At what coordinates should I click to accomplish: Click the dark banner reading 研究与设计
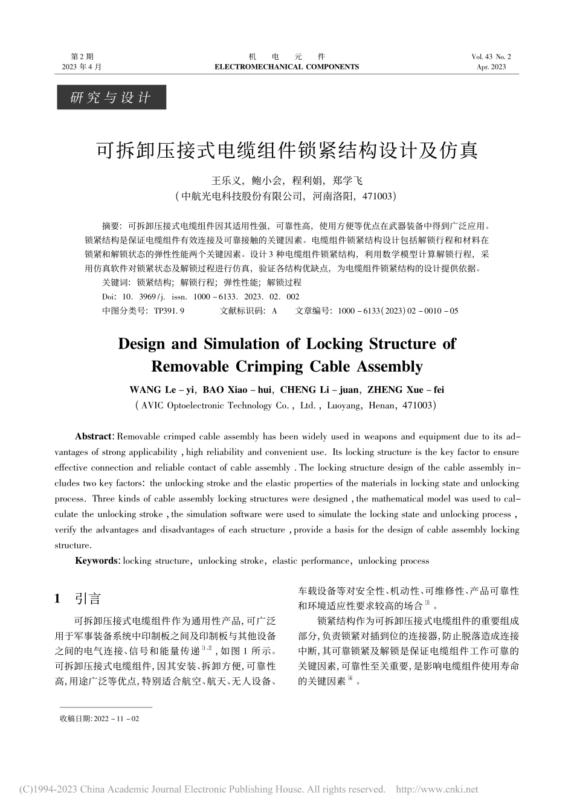point(111,97)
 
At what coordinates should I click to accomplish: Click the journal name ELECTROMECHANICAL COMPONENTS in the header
point(286,67)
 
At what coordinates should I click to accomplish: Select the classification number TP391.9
point(169,311)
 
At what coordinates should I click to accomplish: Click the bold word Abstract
point(94,436)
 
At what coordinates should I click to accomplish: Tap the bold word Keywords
point(97,561)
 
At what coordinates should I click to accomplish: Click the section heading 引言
point(88,598)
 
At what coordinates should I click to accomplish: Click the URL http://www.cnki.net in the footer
point(436,789)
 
